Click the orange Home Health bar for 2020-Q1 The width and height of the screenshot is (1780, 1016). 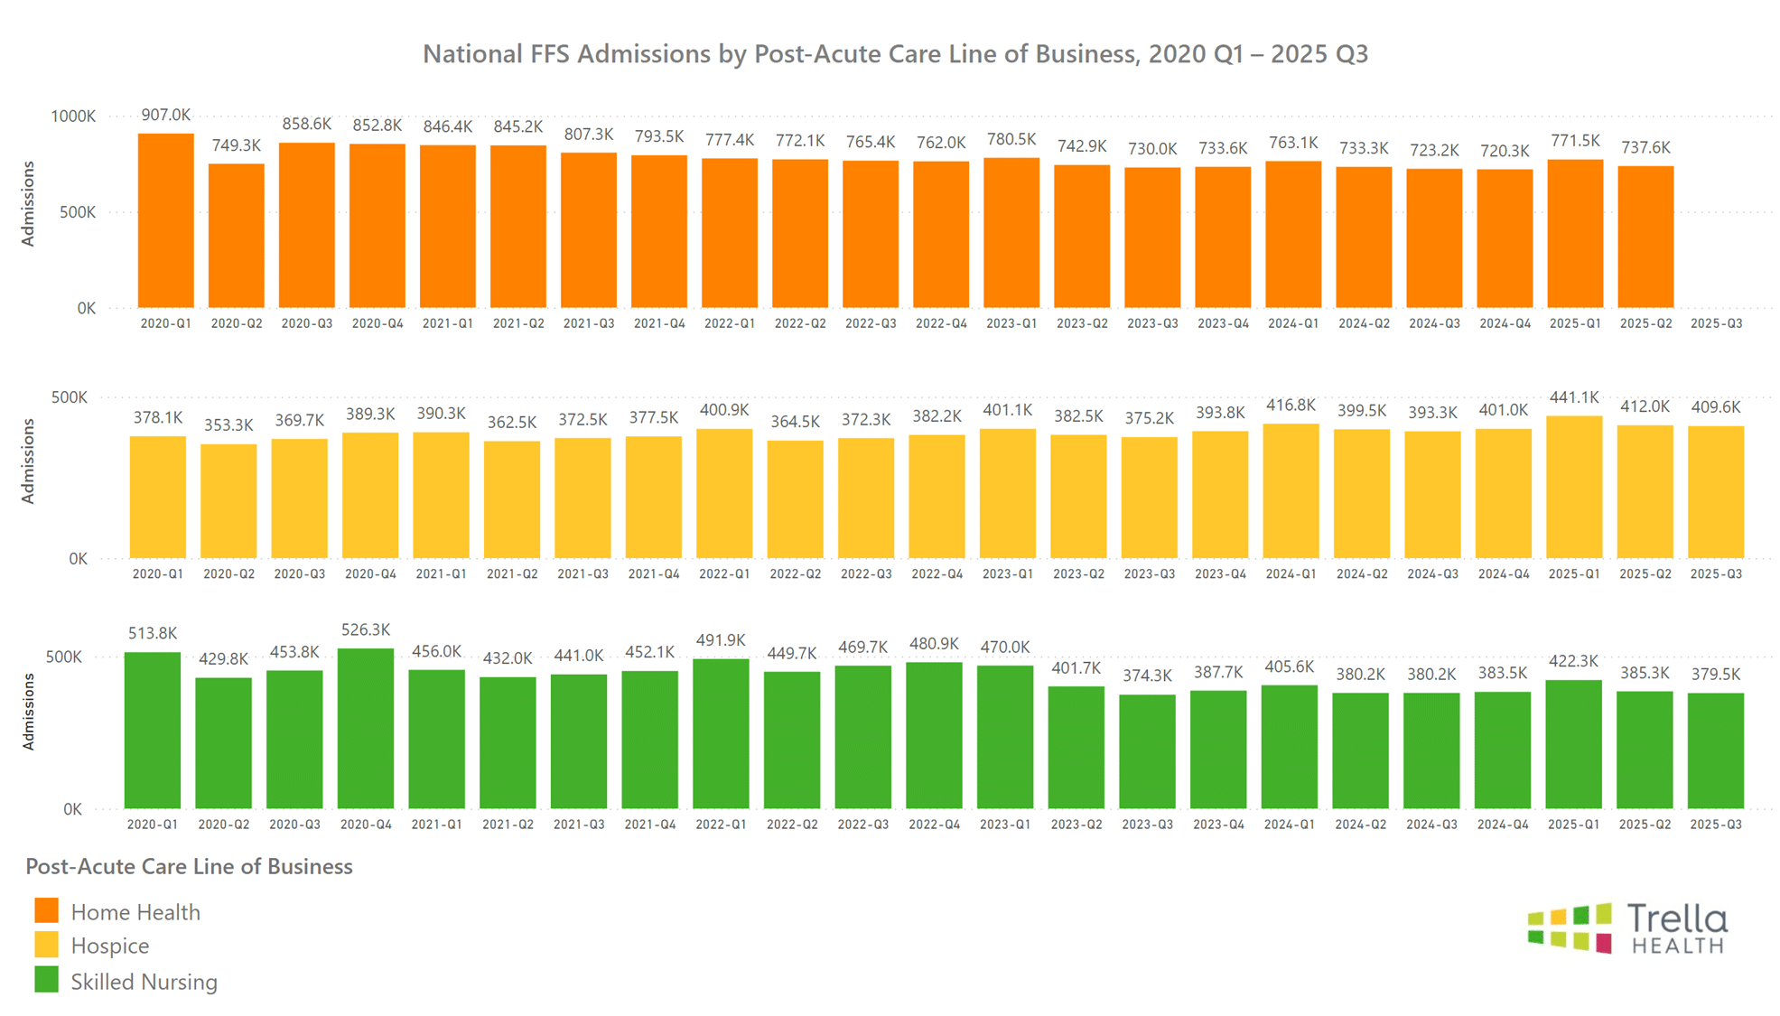tap(165, 221)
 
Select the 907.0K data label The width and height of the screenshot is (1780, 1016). tap(165, 116)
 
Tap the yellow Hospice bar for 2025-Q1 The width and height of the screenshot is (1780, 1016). tap(1574, 487)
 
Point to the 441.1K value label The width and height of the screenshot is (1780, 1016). tap(1574, 397)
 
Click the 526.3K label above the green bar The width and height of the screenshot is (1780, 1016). tap(366, 630)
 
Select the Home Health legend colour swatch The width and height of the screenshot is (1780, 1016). tap(46, 910)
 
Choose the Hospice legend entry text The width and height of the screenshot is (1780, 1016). tap(109, 946)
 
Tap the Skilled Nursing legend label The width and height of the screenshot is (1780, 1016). tap(144, 982)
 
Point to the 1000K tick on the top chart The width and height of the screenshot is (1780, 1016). tap(73, 117)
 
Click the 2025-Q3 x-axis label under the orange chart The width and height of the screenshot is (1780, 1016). tap(1716, 323)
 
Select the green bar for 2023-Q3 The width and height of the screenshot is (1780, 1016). tap(1147, 751)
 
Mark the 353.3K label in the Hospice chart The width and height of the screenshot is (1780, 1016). tap(228, 424)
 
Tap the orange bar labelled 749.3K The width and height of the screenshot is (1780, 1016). tap(237, 236)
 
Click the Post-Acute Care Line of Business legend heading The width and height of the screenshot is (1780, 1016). tap(189, 867)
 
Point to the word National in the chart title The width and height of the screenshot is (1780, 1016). tap(468, 54)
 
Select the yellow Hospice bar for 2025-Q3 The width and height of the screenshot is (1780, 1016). tap(1716, 492)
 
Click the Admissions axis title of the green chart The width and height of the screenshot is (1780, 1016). tap(28, 712)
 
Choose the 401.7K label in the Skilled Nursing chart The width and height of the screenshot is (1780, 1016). tap(1076, 668)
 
